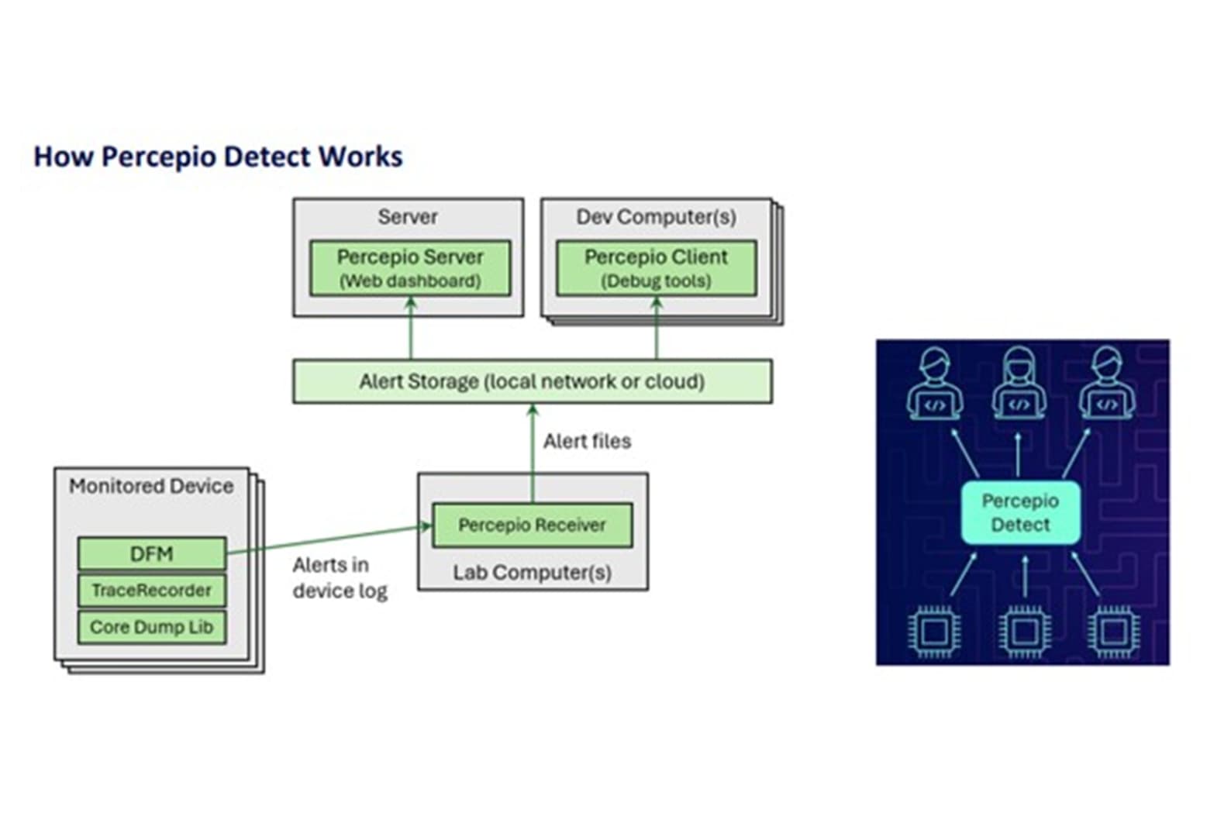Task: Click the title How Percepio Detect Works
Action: click(x=218, y=157)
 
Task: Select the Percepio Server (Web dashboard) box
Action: click(x=410, y=268)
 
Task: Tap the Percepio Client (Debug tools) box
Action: click(x=656, y=268)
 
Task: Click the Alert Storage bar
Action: click(x=532, y=381)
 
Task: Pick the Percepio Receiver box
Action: click(x=532, y=525)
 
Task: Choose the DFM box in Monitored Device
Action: click(x=152, y=553)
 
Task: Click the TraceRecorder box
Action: click(x=152, y=591)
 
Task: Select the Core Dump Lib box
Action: click(x=152, y=627)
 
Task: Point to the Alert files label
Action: click(x=587, y=441)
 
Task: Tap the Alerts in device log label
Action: click(x=340, y=578)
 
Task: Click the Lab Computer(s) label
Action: click(x=532, y=573)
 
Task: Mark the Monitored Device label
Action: click(x=151, y=486)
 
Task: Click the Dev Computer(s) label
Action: click(x=656, y=217)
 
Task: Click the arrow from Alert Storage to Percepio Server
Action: click(x=411, y=329)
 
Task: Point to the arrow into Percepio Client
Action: click(x=657, y=329)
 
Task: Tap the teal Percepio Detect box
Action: click(x=1020, y=512)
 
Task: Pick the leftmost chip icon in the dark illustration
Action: click(x=933, y=632)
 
